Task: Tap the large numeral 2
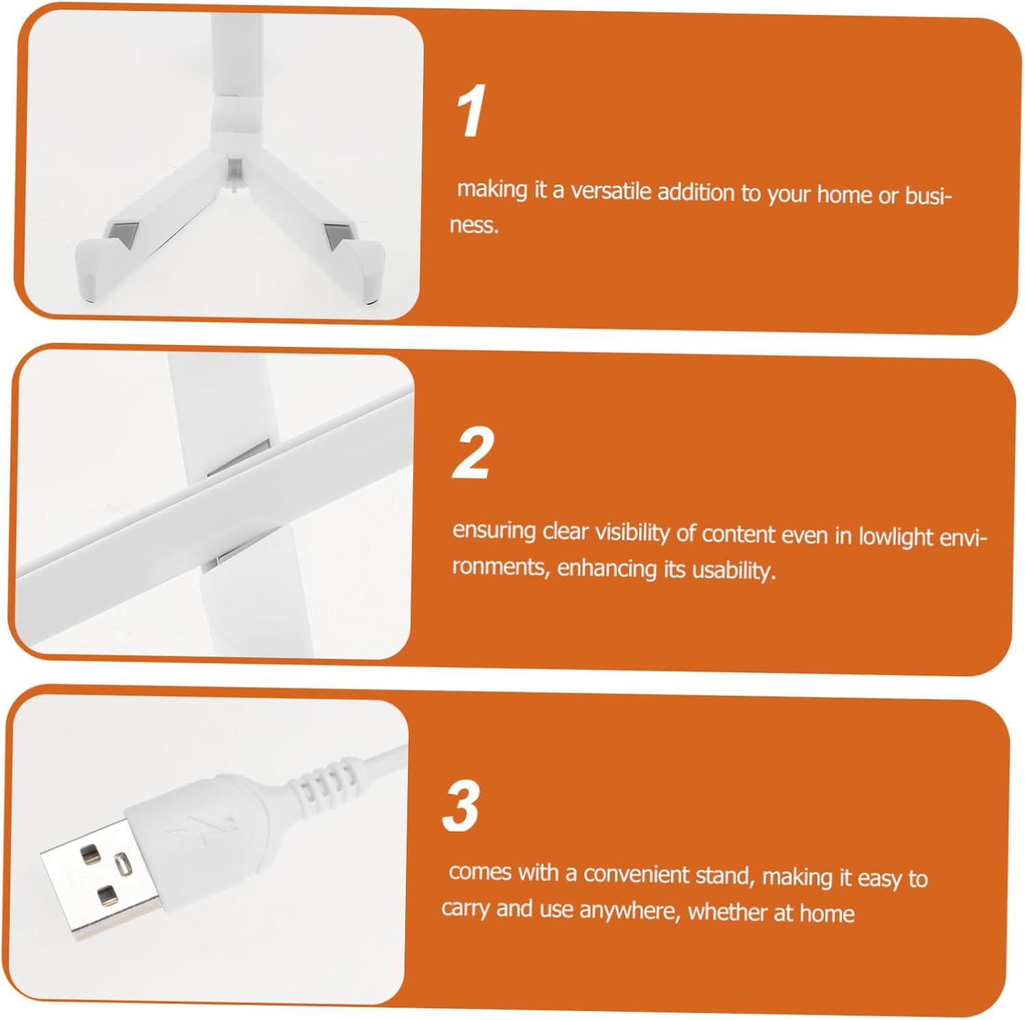(472, 452)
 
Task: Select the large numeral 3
(461, 805)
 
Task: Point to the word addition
(696, 193)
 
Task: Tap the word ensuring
(494, 531)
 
